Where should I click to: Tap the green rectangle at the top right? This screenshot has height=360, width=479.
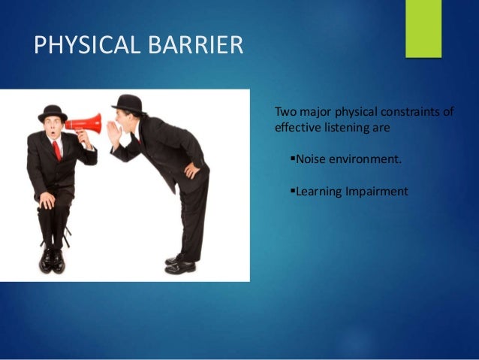(423, 28)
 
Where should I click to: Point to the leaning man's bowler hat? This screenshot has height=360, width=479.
(128, 103)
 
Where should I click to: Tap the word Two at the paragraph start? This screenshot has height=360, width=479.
(286, 112)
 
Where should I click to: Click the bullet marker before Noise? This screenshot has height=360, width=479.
(292, 159)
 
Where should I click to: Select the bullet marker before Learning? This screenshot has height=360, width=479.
(292, 192)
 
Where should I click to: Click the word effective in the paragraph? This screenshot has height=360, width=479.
(299, 128)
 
